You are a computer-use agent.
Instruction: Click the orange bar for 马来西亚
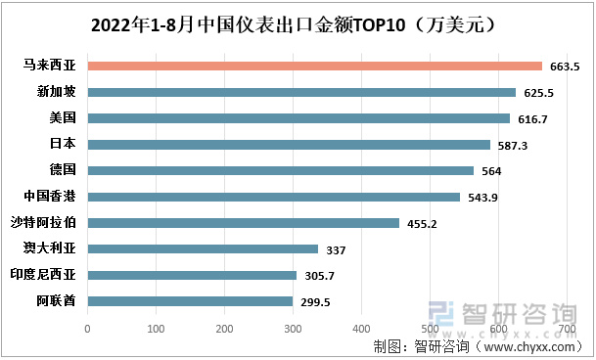pos(314,67)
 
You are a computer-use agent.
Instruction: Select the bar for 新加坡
pos(301,93)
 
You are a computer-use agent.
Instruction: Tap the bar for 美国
pos(298,118)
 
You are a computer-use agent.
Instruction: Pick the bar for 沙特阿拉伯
pos(244,223)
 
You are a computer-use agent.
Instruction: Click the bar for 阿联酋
pos(190,301)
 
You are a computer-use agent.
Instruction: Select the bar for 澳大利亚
pos(203,249)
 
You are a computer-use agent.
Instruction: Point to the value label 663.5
pos(565,67)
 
